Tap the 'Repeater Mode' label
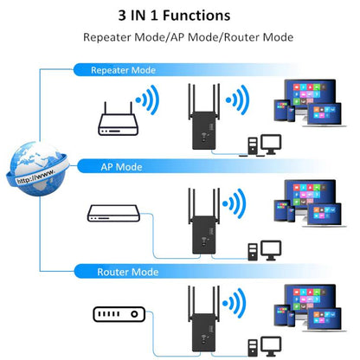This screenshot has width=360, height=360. click(125, 68)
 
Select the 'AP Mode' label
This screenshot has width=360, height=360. click(123, 166)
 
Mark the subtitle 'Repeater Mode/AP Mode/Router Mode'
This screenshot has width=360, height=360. click(189, 38)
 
